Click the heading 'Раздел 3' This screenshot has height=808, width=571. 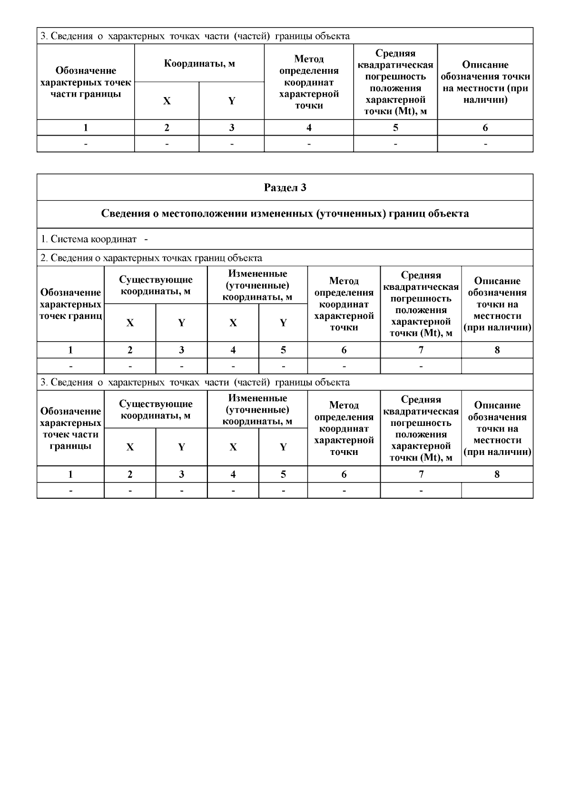tap(285, 187)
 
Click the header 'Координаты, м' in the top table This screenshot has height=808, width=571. tap(199, 63)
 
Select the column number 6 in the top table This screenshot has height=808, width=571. tap(485, 128)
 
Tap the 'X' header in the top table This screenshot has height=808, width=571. tap(167, 101)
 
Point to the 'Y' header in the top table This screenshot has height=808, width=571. tap(231, 101)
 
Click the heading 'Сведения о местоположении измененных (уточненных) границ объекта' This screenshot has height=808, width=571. tap(285, 214)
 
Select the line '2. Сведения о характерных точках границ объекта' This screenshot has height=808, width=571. tap(151, 258)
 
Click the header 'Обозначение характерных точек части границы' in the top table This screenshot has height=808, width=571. tap(86, 82)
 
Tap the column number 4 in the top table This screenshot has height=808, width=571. tap(309, 128)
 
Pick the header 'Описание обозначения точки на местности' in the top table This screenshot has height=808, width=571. tap(485, 82)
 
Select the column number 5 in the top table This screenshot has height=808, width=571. tap(395, 128)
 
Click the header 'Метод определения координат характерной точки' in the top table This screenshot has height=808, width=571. tap(309, 82)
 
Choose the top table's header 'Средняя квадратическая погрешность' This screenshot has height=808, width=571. tap(395, 82)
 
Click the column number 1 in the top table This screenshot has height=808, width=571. tap(86, 128)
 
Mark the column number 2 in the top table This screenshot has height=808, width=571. tap(167, 128)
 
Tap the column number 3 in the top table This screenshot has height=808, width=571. tap(231, 128)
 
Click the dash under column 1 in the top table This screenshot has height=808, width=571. tap(86, 144)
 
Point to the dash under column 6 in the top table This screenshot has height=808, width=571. tap(485, 144)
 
